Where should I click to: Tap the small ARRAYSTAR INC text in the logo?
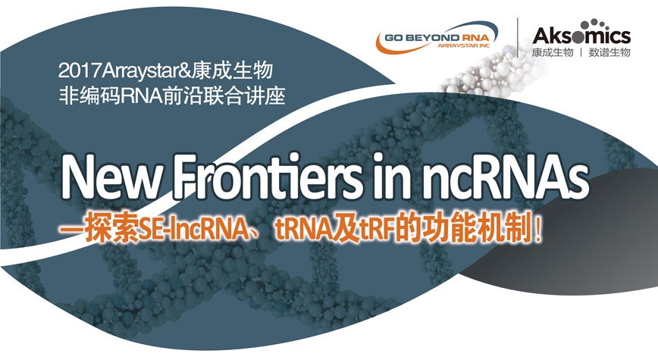click(464, 45)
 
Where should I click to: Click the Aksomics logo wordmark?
click(581, 34)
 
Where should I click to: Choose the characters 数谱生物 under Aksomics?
click(609, 53)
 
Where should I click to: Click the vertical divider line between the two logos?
click(518, 37)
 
